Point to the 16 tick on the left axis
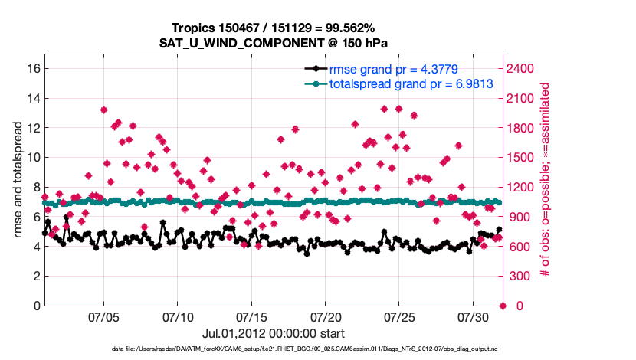tap(31, 68)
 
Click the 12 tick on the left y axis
tap(31, 127)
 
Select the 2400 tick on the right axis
tap(520, 68)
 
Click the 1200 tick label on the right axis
tap(520, 187)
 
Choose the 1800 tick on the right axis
tap(520, 127)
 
